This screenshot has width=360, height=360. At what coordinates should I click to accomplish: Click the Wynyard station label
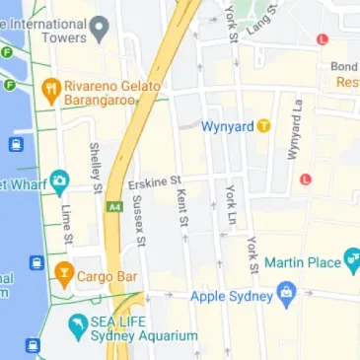pyautogui.click(x=228, y=126)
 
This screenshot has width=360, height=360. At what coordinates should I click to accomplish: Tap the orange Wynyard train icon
pyautogui.click(x=263, y=126)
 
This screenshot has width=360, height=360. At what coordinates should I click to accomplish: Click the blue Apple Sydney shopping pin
pyautogui.click(x=287, y=291)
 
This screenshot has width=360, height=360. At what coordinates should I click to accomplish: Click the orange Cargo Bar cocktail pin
pyautogui.click(x=64, y=271)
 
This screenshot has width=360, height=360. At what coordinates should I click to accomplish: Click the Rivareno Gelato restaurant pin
pyautogui.click(x=50, y=92)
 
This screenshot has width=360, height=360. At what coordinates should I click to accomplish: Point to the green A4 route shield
pyautogui.click(x=115, y=207)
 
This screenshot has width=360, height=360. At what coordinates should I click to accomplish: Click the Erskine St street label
pyautogui.click(x=156, y=182)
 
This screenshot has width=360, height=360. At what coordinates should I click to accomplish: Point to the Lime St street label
pyautogui.click(x=67, y=224)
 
